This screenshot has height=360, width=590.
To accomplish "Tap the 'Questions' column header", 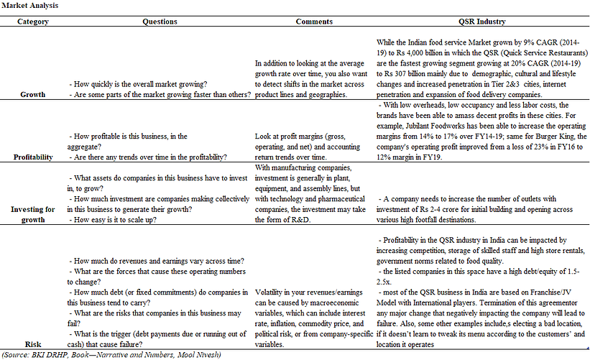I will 160,22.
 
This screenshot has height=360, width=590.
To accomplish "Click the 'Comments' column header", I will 313,22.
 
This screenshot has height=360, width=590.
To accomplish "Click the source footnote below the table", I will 111,354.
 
